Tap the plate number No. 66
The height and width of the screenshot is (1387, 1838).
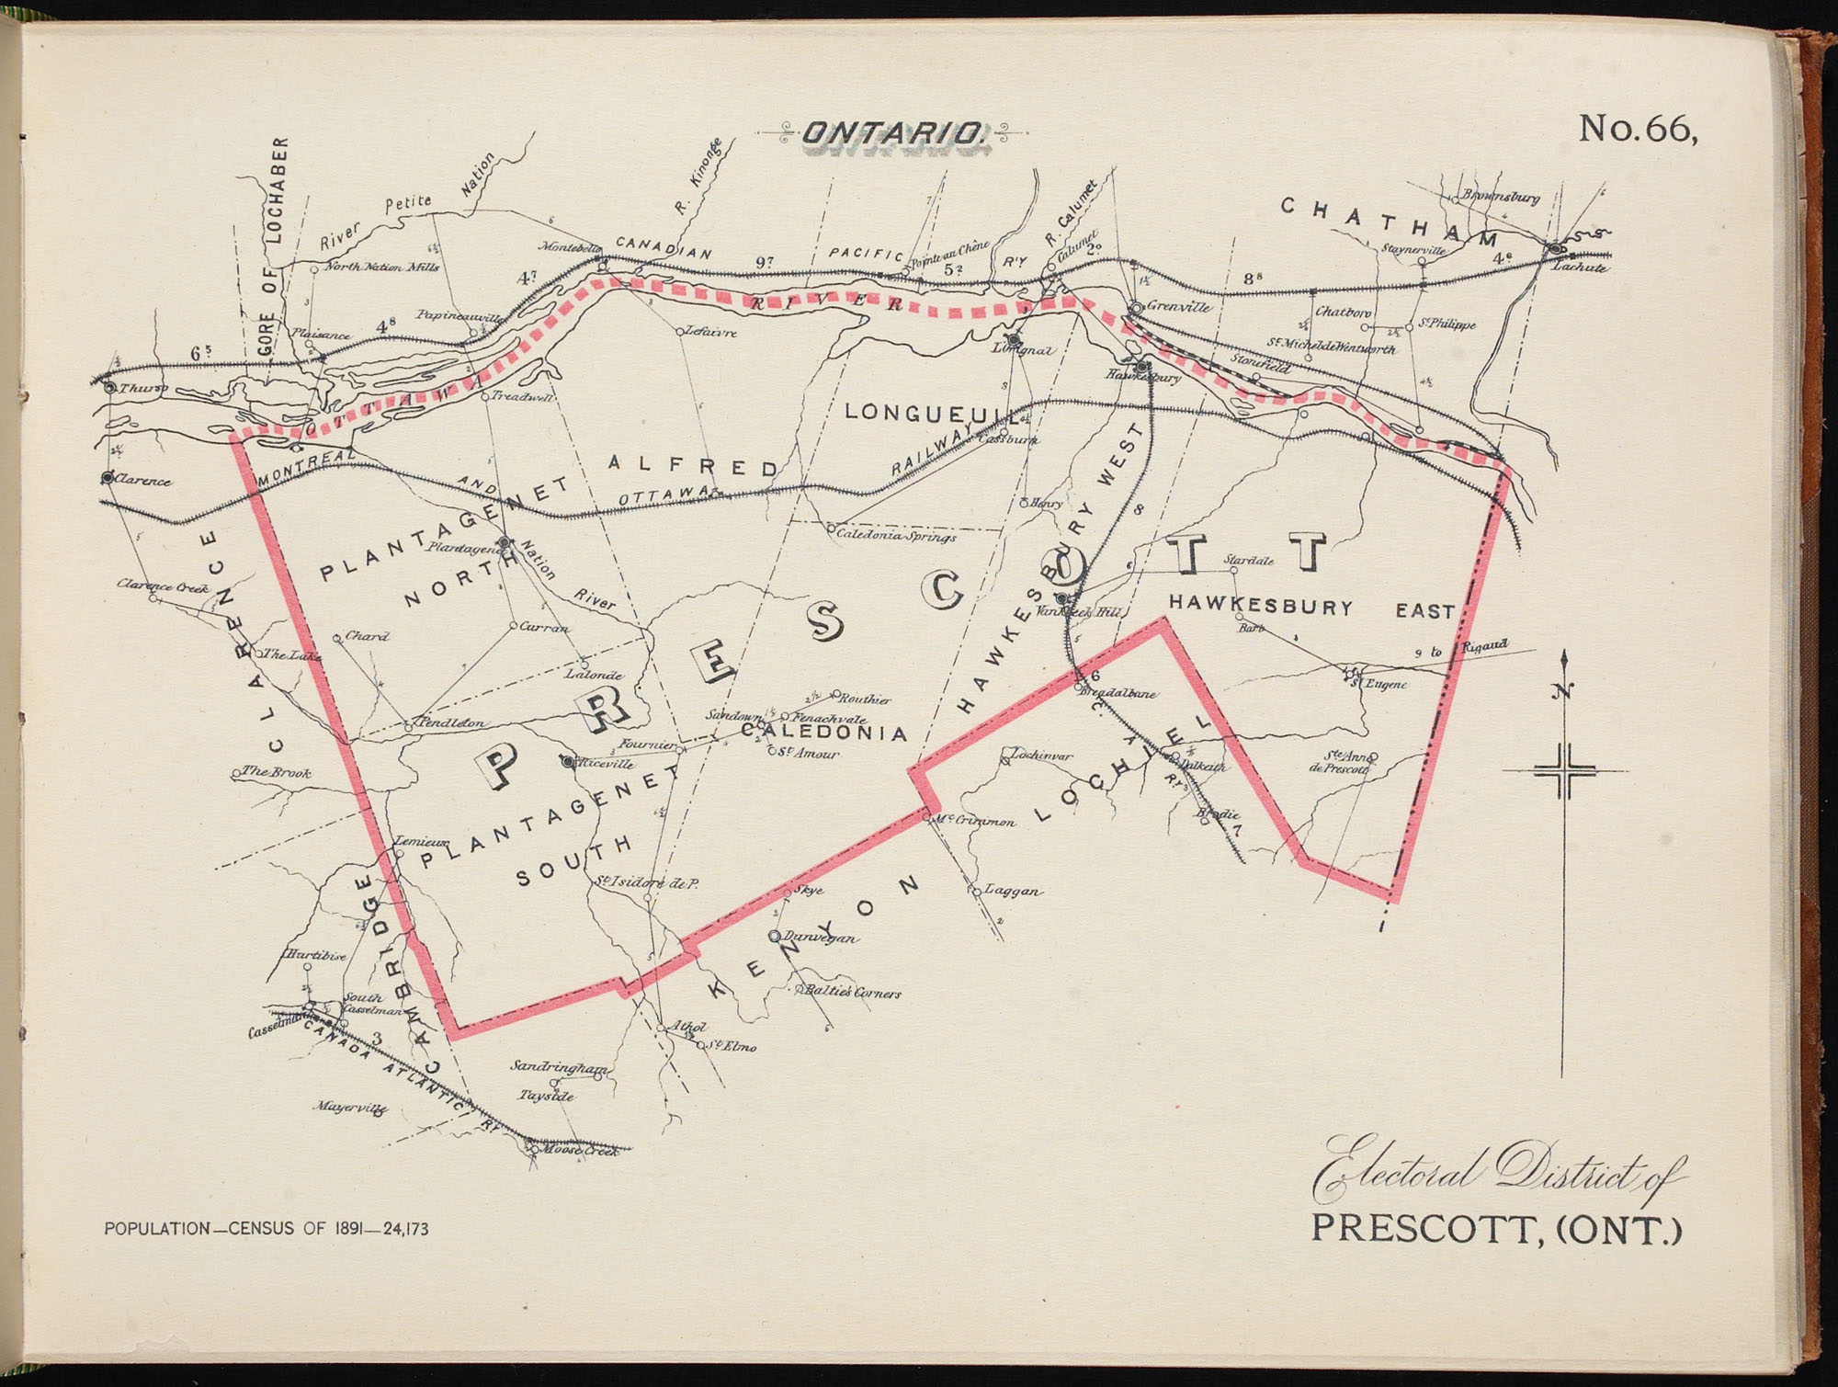(1637, 130)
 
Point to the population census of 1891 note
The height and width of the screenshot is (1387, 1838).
(267, 1229)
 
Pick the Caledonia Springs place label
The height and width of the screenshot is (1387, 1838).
(896, 536)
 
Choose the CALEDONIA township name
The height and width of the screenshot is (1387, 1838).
(824, 733)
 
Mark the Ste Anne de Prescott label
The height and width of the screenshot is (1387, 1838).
(1347, 763)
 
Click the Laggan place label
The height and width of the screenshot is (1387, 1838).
(1013, 891)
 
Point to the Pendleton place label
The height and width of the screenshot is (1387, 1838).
(450, 723)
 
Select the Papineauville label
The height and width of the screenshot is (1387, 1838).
(459, 316)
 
